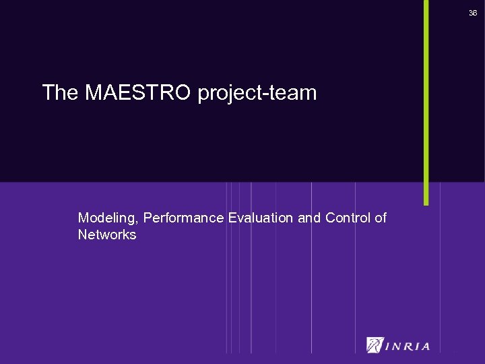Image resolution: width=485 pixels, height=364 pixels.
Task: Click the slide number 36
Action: (473, 13)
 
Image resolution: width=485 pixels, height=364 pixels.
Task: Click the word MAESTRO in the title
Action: (139, 93)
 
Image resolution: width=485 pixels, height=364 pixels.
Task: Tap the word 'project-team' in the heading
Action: (257, 94)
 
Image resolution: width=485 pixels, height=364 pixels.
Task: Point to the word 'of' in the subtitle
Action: (381, 218)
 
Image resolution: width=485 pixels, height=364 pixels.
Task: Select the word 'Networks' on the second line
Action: (107, 235)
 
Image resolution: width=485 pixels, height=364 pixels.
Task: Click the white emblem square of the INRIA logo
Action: (375, 345)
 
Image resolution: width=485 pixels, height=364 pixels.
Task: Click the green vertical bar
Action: (426, 101)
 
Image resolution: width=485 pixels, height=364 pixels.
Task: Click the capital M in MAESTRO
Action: (94, 93)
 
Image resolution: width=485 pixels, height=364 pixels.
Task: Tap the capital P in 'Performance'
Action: (148, 218)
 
